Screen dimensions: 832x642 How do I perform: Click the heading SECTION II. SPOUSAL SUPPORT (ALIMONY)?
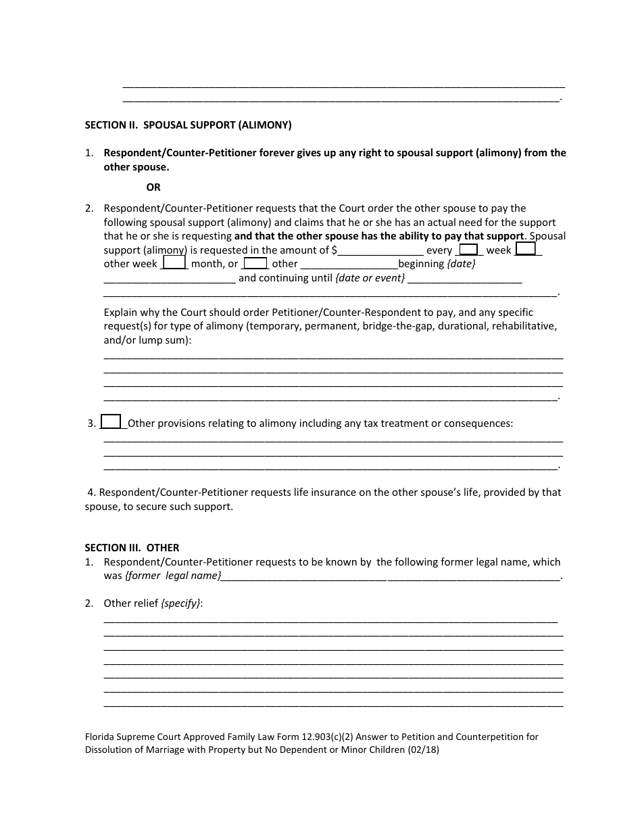[188, 125]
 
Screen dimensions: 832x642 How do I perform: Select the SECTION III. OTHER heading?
[132, 547]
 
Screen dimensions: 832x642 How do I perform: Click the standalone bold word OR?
[153, 187]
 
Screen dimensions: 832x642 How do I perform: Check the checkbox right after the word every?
[468, 250]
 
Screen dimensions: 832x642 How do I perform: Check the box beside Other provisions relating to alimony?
[111, 422]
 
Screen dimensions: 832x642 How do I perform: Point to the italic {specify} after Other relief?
[181, 603]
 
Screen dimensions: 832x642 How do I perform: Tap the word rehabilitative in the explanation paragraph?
[524, 327]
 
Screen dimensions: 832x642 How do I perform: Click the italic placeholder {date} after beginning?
[461, 264]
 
